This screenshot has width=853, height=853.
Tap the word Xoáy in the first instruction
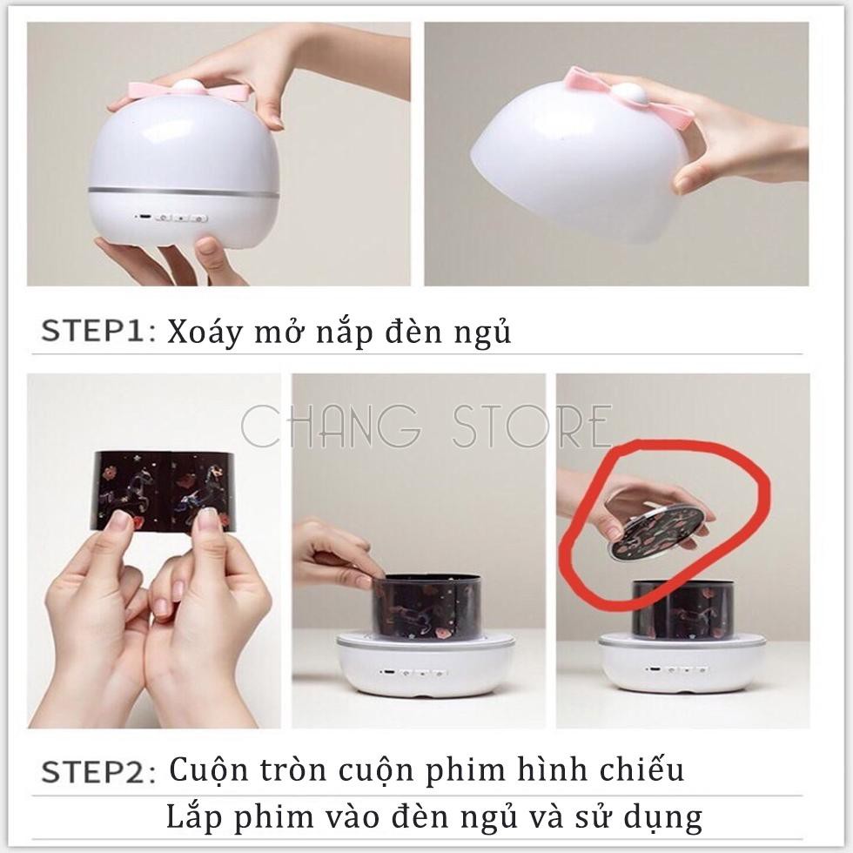click(x=203, y=332)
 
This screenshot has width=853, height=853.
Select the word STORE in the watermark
click(x=532, y=426)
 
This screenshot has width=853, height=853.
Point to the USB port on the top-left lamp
click(x=144, y=217)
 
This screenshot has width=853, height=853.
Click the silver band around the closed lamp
click(x=185, y=193)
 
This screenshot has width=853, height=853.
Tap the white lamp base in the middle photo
click(x=425, y=665)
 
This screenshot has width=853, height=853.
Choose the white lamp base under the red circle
click(x=682, y=665)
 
